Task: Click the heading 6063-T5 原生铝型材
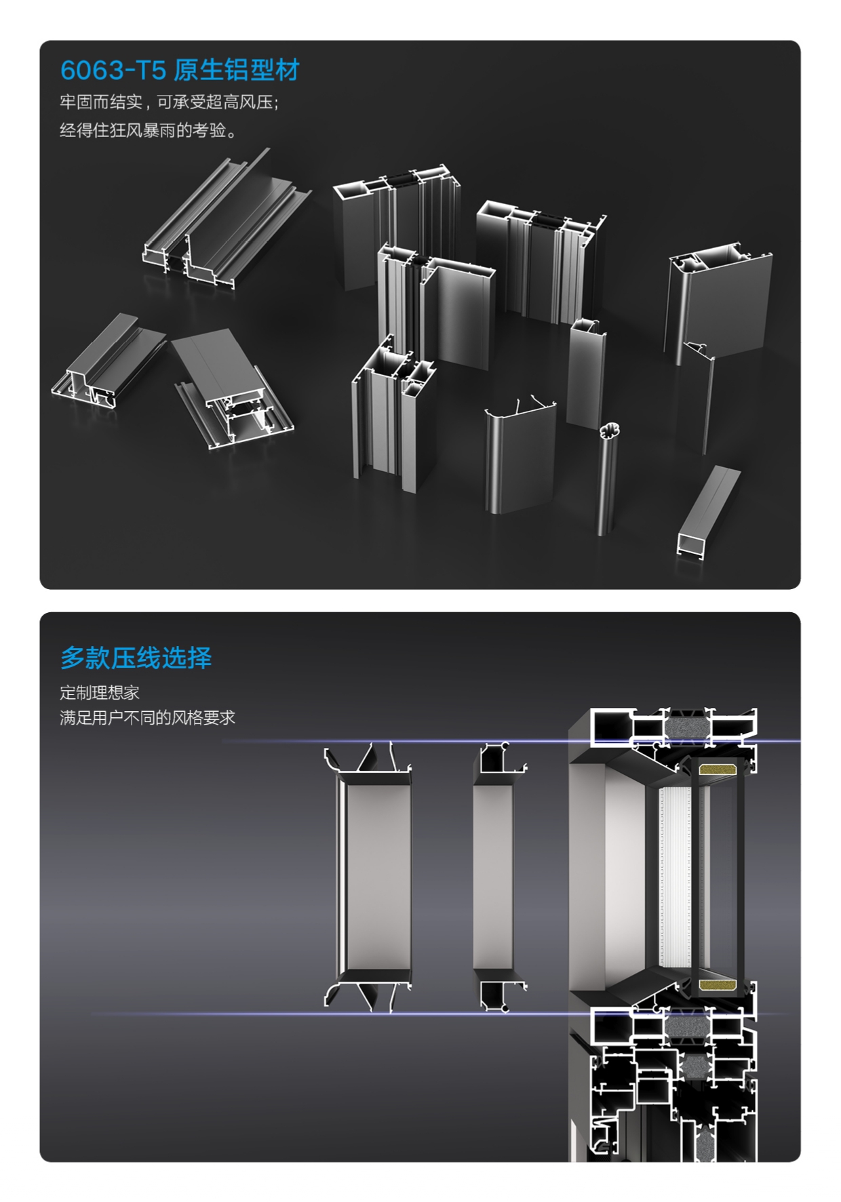[x=180, y=70]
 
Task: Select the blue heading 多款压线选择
[x=136, y=658]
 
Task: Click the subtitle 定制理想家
[x=100, y=692]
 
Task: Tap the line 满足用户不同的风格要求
[x=147, y=717]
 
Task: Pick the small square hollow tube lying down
[x=707, y=511]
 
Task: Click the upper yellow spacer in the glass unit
[x=718, y=769]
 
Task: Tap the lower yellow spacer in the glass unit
[x=718, y=985]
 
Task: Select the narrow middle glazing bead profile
[x=493, y=877]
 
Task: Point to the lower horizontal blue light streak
[x=441, y=1014]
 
